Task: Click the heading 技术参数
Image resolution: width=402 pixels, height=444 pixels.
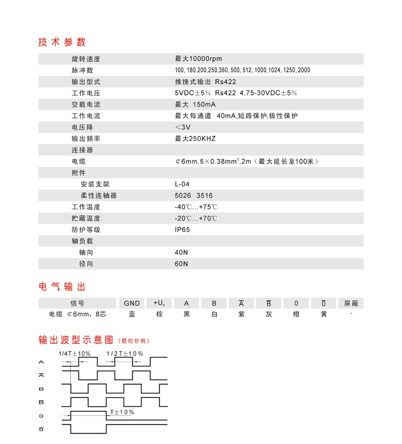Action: [62, 42]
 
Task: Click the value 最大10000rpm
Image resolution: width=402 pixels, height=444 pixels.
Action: [198, 59]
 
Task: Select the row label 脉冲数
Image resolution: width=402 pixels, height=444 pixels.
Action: [82, 70]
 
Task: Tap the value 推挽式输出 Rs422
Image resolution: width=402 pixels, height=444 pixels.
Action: [205, 82]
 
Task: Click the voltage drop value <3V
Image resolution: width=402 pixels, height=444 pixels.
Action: [182, 127]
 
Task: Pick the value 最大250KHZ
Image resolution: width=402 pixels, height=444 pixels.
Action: [195, 139]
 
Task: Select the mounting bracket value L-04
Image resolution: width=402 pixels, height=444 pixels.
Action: [182, 184]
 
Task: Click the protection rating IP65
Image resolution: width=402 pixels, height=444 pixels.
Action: [182, 230]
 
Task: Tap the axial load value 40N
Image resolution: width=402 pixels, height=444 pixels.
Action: [181, 252]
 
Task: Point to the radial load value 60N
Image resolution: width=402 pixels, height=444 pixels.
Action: [181, 264]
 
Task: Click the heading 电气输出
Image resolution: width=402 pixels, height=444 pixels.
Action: [62, 287]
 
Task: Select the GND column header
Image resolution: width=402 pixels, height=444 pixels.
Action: [132, 303]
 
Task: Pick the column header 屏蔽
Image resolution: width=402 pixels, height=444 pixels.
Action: [351, 303]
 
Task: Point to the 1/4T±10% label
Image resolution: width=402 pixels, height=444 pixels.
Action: [75, 353]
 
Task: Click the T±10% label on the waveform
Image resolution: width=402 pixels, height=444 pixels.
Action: [122, 412]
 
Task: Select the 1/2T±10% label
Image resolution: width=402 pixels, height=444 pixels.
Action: [125, 353]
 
